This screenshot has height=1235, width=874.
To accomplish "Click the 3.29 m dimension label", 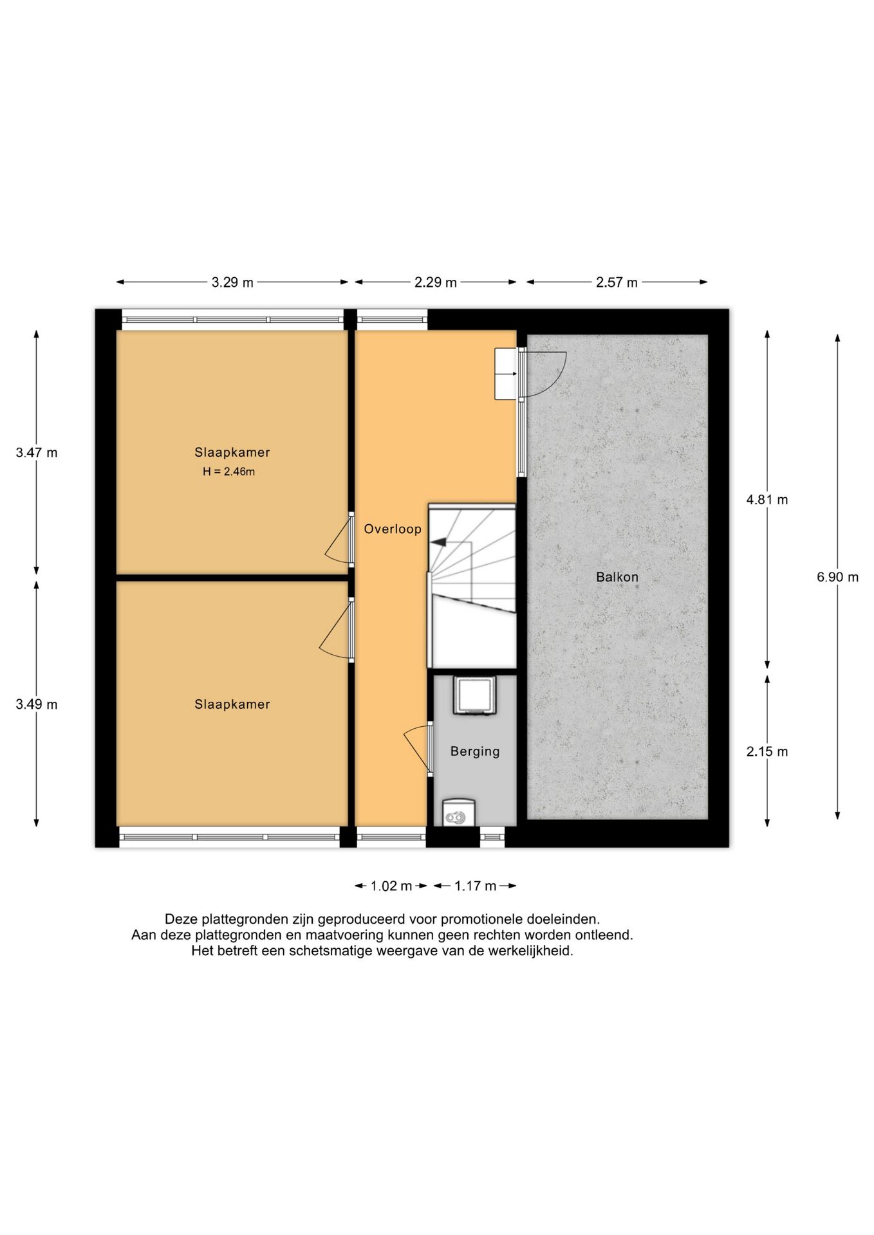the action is tap(232, 282).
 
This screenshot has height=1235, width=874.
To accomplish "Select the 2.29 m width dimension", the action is tap(436, 282).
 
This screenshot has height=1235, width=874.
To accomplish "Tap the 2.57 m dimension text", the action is tap(617, 282).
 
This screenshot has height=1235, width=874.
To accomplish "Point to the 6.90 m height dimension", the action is tap(837, 577).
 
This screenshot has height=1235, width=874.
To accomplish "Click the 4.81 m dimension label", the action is tap(767, 500).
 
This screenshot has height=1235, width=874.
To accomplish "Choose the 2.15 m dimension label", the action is tap(767, 751).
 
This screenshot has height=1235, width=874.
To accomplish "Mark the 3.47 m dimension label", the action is tap(37, 452).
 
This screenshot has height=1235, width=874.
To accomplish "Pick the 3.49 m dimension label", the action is tap(37, 704).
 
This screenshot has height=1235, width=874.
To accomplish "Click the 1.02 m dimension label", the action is tap(391, 886).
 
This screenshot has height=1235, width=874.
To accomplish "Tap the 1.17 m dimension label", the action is tap(476, 886).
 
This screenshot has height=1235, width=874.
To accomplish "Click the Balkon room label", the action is tap(617, 577).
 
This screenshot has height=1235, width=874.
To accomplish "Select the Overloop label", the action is tap(393, 529).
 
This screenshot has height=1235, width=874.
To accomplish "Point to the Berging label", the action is tap(475, 751).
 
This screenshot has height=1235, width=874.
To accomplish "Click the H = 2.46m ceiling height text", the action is tap(228, 471).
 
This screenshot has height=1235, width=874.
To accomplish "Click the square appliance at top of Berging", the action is tap(474, 695).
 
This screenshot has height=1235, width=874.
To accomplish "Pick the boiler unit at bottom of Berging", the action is tap(459, 812).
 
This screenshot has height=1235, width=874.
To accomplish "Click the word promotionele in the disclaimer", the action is tap(480, 919).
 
